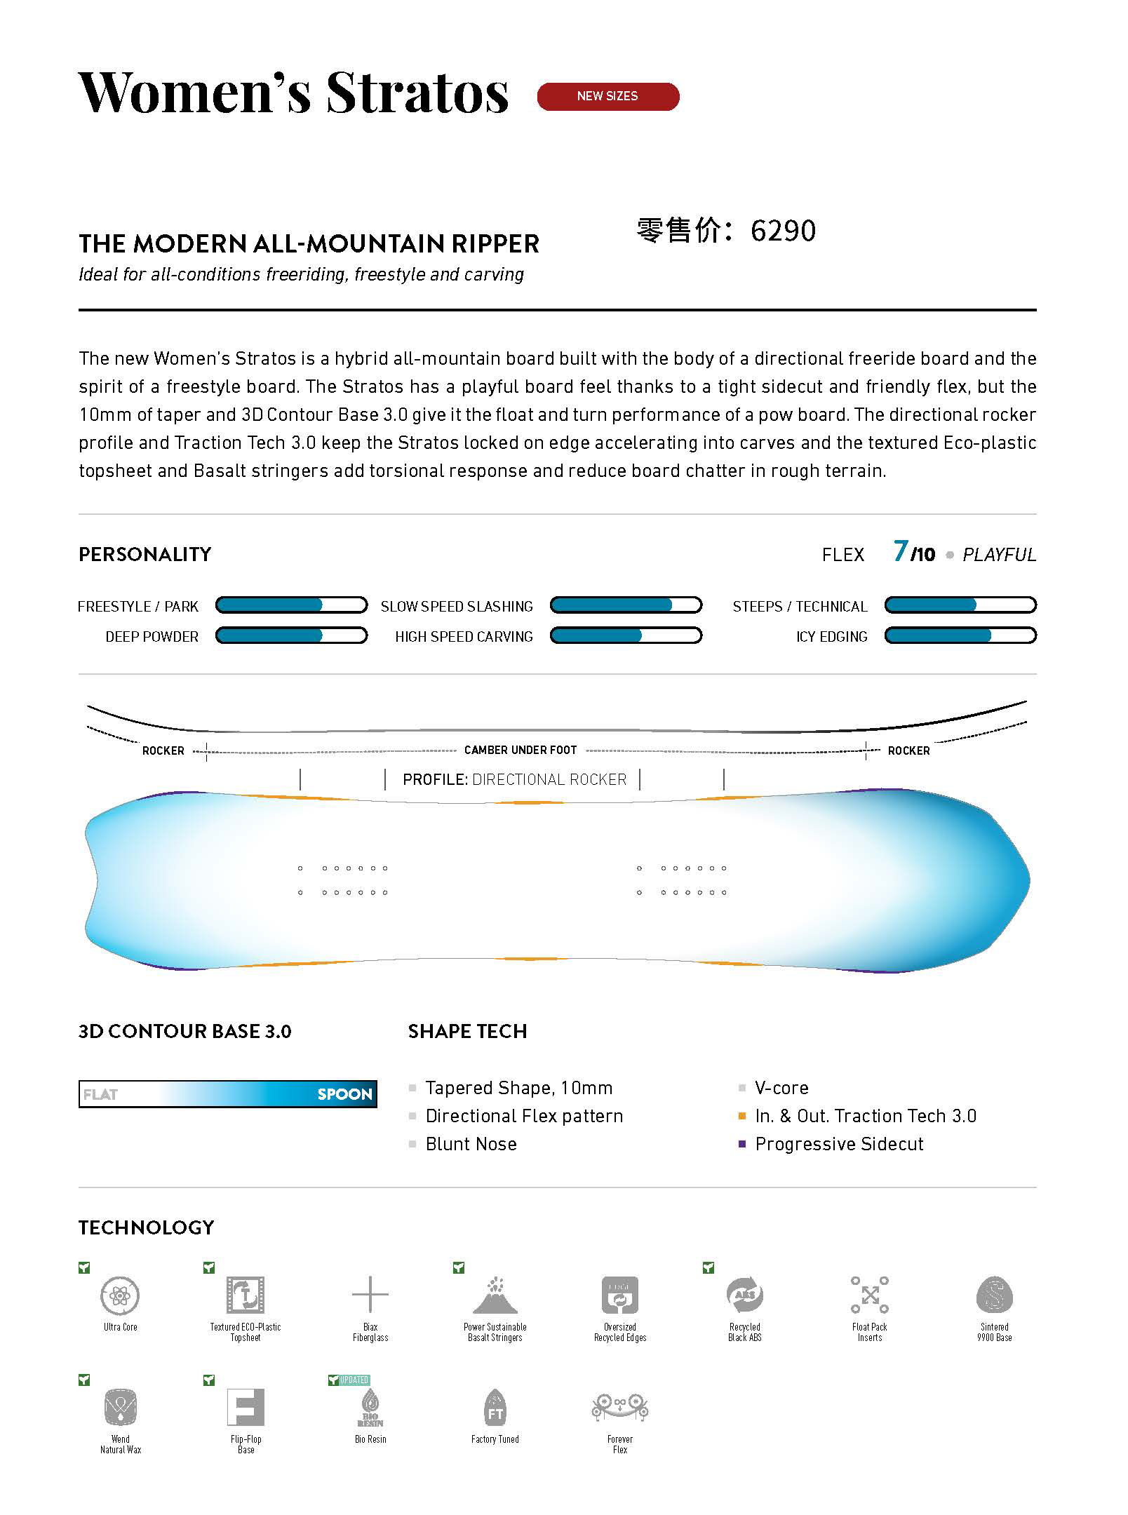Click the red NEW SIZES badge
(x=607, y=96)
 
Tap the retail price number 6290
(x=783, y=231)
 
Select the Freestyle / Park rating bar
(x=291, y=605)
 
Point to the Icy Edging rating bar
(x=960, y=636)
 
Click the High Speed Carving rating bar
(x=626, y=636)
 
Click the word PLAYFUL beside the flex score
(x=999, y=555)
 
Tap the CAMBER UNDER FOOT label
(x=521, y=750)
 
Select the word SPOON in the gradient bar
(x=344, y=1094)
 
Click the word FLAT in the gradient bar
(x=100, y=1094)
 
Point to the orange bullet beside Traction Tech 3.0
(x=742, y=1116)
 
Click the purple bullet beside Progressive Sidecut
(x=742, y=1144)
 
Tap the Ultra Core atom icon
(x=120, y=1295)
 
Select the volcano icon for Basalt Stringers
(x=495, y=1295)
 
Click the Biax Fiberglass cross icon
(x=370, y=1295)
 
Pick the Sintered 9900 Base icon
(x=994, y=1295)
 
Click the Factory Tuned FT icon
(x=495, y=1407)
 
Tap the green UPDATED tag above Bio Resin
(x=354, y=1380)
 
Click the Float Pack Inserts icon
(x=870, y=1295)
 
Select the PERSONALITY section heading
(x=145, y=555)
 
